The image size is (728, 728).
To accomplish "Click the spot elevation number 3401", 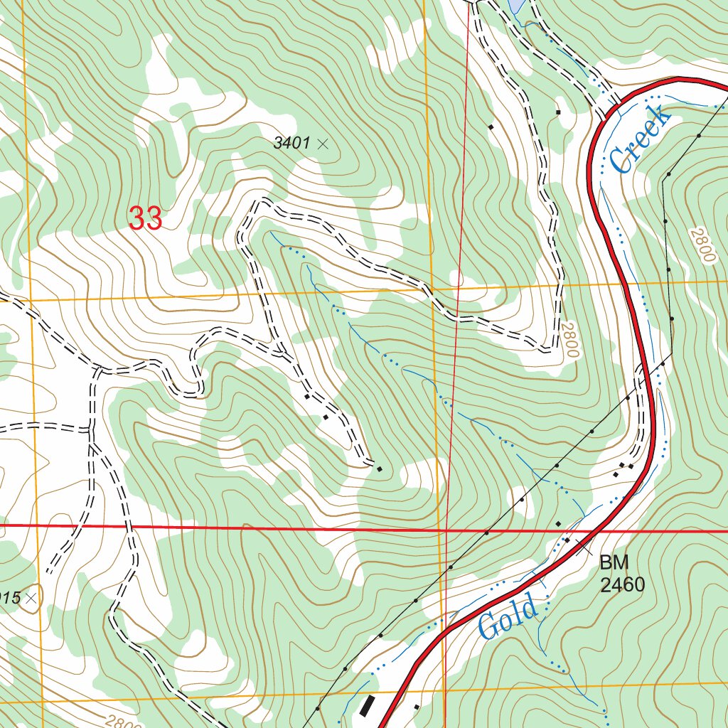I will coord(291,144).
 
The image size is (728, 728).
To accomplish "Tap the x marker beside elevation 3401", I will coord(323,144).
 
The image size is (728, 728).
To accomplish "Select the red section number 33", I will coord(146,218).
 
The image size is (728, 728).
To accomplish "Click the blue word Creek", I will coord(639,139).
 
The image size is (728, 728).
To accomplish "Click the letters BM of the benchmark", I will coord(614,563).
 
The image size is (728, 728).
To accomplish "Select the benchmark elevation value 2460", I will coord(622,585).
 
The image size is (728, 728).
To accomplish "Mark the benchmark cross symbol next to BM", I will coord(584,547).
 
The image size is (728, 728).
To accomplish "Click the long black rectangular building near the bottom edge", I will coord(367,705).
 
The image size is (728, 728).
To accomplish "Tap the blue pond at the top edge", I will coord(517,6).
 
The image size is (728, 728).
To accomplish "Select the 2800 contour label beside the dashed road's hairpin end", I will coord(569,340).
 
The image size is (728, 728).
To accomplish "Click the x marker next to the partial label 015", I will coord(31,599).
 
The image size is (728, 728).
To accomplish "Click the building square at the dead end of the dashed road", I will coord(379,469).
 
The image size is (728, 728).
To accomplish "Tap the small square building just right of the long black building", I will coord(416,707).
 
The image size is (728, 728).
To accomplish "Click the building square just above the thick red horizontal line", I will coord(558,524).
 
